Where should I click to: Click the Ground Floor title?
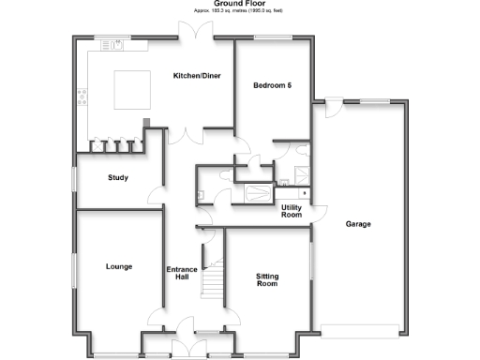(x=239, y=4)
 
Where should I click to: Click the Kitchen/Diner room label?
(x=197, y=76)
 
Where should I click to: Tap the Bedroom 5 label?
(x=272, y=85)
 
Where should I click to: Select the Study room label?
(x=118, y=177)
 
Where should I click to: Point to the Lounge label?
(x=118, y=266)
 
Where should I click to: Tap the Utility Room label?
(x=292, y=211)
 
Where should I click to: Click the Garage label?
(x=358, y=224)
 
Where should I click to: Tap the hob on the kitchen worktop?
(x=82, y=94)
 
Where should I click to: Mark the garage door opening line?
(x=360, y=329)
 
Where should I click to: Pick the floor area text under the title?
(x=238, y=10)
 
